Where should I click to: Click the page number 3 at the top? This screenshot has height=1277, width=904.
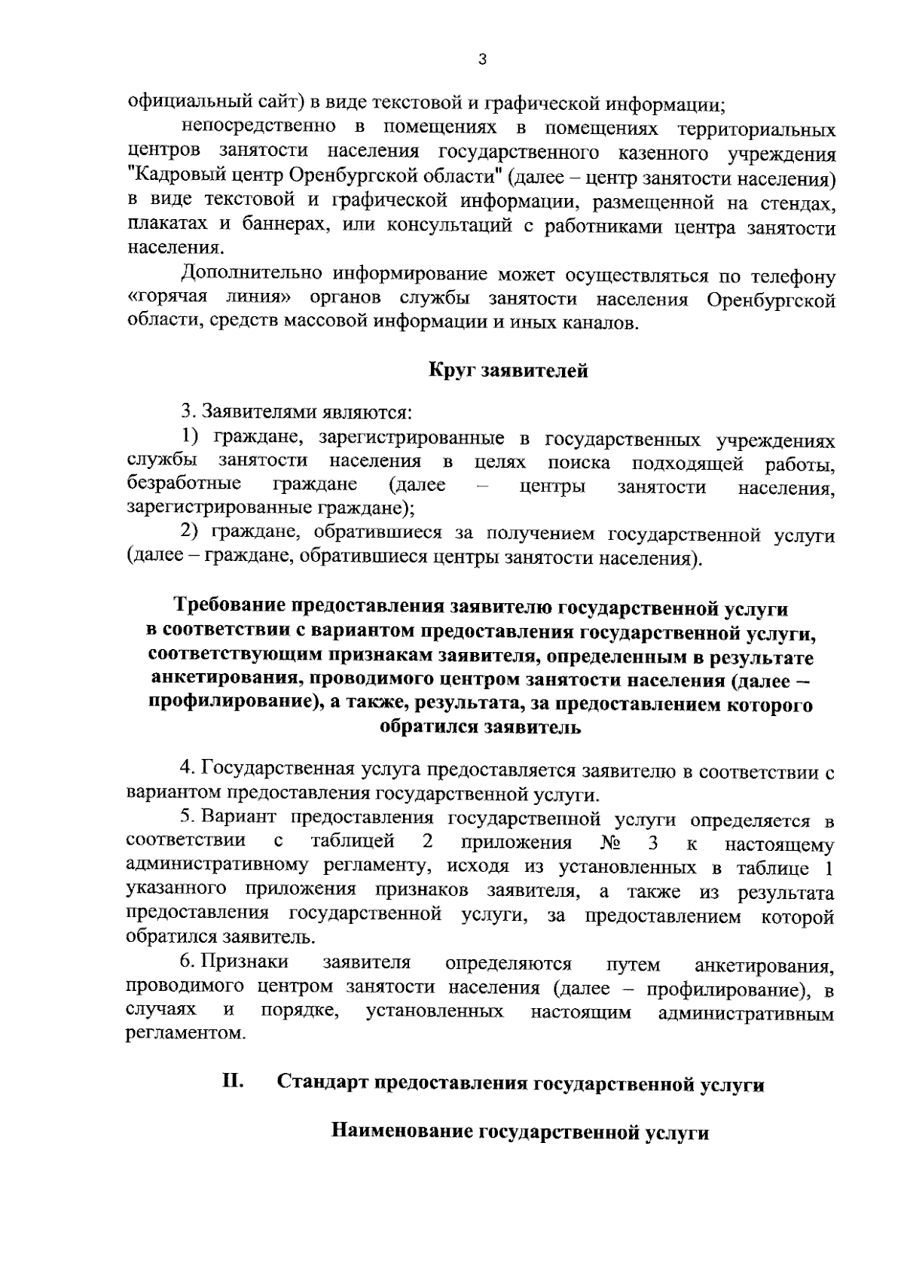(481, 61)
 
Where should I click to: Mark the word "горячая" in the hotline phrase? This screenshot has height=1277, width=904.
(170, 299)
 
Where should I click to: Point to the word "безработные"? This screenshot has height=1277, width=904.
(184, 485)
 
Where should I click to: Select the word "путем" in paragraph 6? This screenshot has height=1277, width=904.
(633, 965)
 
